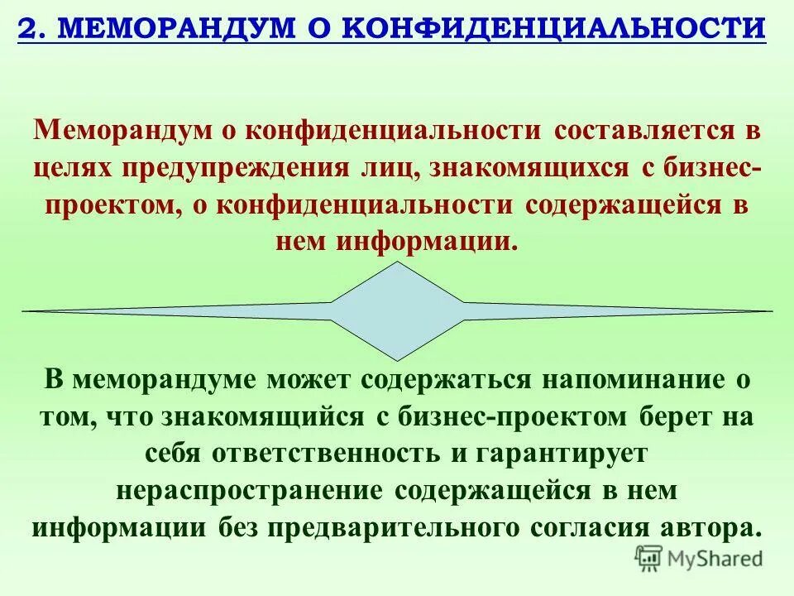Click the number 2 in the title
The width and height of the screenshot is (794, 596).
[26, 28]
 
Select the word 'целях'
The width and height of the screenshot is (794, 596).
[73, 169]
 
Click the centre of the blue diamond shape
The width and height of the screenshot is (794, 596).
[397, 311]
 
